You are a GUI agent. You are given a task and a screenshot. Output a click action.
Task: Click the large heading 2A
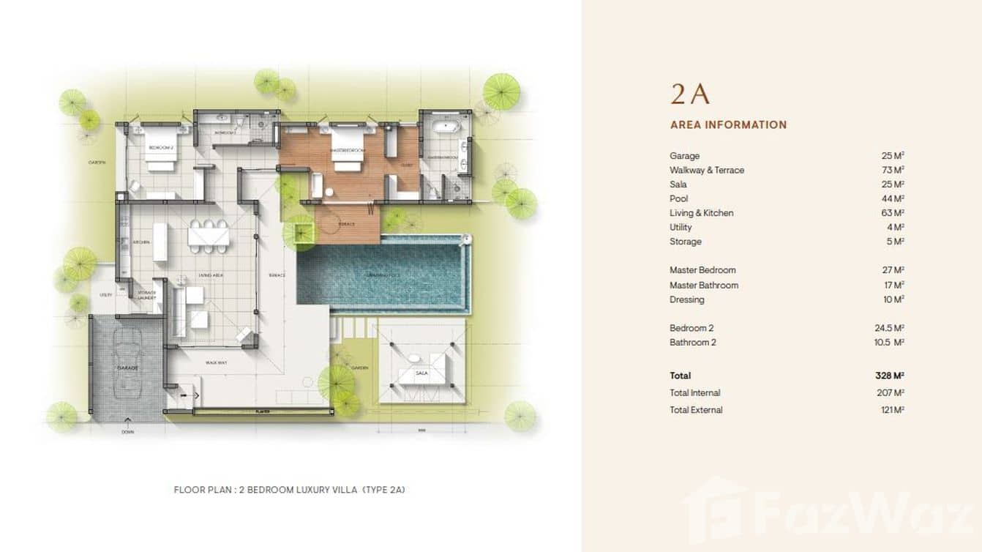coord(690,95)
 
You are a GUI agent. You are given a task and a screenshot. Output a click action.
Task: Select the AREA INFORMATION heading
coord(728,125)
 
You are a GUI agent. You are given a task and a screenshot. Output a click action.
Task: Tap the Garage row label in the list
coord(684,156)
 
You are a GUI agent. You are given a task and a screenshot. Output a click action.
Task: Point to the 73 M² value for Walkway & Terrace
coord(893,170)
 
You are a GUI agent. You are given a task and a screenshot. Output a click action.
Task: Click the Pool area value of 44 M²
coord(893,198)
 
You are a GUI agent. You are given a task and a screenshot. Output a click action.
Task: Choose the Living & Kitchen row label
coord(701,213)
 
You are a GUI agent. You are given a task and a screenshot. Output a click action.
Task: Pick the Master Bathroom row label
coord(703,286)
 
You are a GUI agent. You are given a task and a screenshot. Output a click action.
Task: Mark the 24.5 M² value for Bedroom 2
coord(889,328)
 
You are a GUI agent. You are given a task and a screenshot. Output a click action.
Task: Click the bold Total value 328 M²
coord(889,376)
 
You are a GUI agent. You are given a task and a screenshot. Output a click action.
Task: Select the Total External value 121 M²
coord(893,410)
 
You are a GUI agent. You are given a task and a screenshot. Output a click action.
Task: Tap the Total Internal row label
coord(694,393)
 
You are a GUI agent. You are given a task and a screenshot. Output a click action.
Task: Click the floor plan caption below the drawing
coord(289,490)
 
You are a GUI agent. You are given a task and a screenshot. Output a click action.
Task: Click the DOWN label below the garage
coord(128,432)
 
